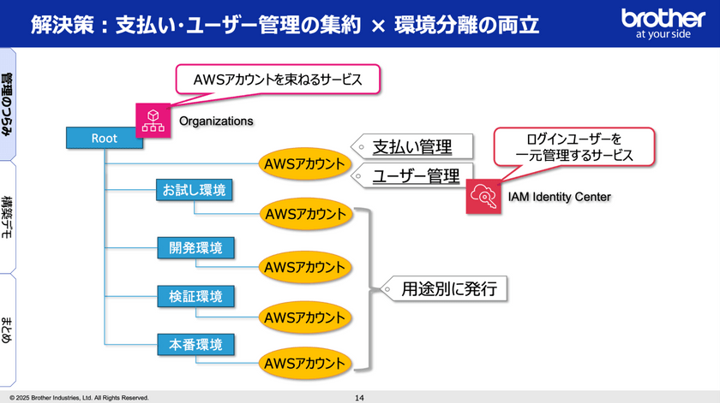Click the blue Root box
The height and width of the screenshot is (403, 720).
tap(105, 138)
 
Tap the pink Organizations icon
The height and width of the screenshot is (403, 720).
tap(153, 121)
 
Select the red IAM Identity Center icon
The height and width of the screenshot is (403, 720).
tap(483, 197)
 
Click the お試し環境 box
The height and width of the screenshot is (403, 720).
tap(195, 190)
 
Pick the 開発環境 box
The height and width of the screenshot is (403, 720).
tap(195, 247)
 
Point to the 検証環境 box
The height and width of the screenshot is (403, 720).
tap(195, 296)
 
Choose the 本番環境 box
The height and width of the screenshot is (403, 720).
tap(195, 344)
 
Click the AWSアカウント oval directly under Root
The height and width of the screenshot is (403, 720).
tap(304, 163)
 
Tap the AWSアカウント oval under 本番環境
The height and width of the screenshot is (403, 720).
tap(305, 363)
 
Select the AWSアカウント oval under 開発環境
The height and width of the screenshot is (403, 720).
tap(305, 267)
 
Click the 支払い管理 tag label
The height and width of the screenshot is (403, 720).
tap(412, 146)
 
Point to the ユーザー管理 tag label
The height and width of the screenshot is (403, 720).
tap(412, 175)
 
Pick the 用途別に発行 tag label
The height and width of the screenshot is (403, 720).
tap(444, 289)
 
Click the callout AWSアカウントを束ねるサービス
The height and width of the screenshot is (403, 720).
tap(278, 80)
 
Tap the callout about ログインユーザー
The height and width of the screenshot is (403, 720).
tap(574, 146)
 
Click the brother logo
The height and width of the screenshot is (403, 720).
tap(663, 23)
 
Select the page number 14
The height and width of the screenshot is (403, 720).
tap(359, 398)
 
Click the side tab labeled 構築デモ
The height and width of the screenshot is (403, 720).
tap(8, 217)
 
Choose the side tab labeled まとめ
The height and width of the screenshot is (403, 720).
tap(8, 330)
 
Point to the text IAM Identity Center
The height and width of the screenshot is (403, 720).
tap(559, 197)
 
